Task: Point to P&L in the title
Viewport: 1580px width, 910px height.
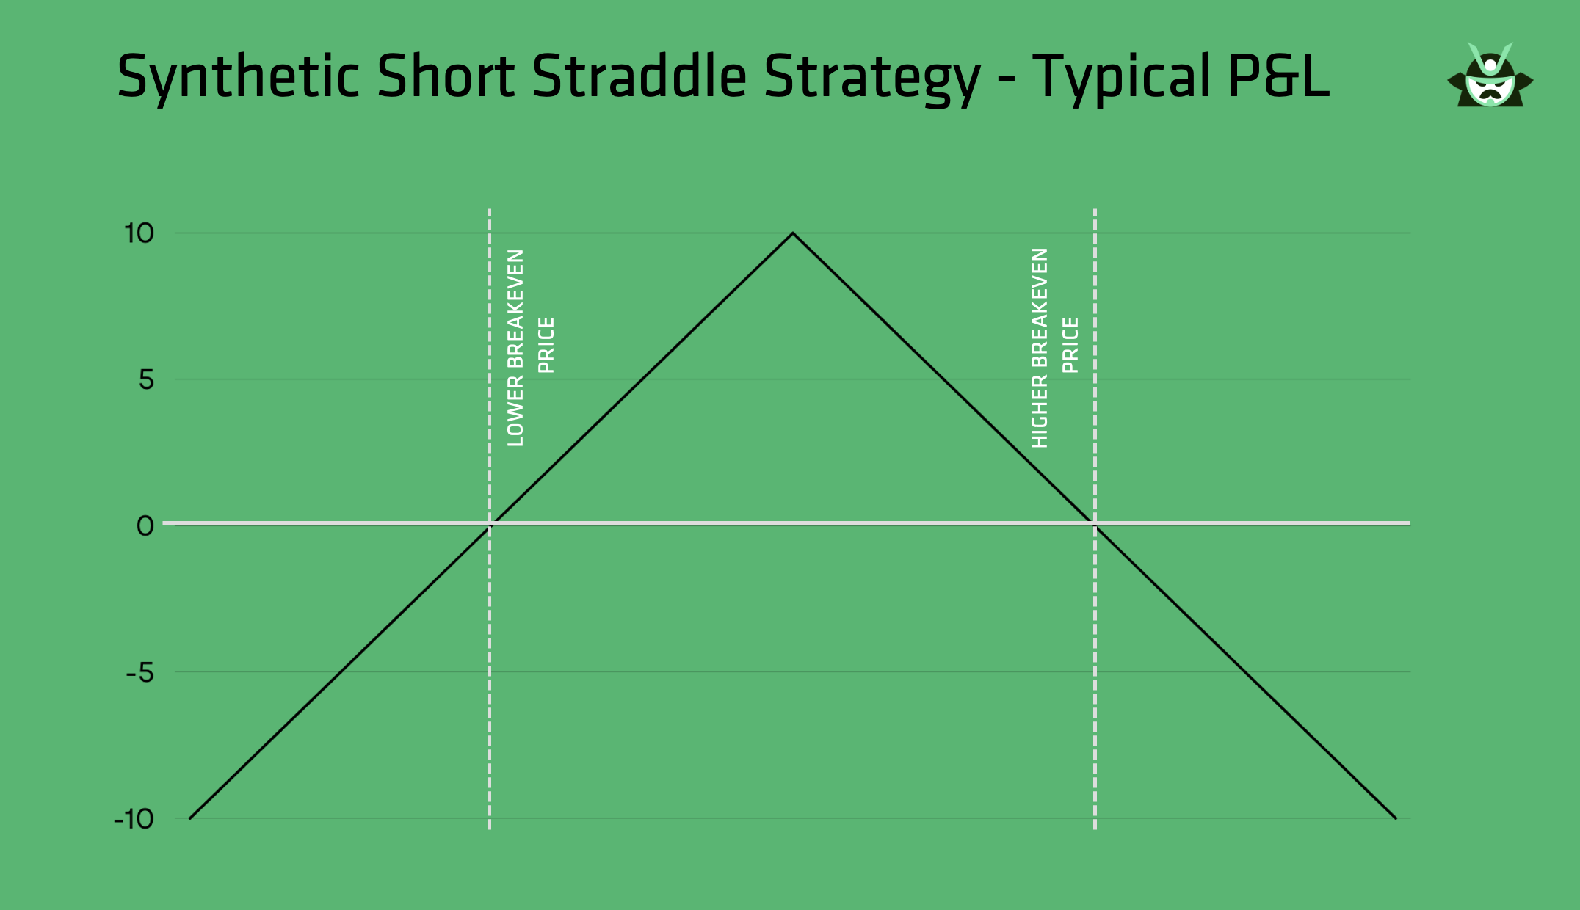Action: (1278, 76)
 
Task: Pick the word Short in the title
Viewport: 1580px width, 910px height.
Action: (446, 76)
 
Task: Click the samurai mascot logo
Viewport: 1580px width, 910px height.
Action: (1490, 75)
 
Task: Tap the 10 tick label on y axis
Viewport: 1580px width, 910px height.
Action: (139, 233)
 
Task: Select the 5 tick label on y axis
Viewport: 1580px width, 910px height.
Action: (147, 379)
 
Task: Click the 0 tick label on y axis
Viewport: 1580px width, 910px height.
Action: (145, 525)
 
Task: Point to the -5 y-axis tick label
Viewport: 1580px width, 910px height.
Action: (140, 671)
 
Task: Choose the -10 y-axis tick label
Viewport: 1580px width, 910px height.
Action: (134, 818)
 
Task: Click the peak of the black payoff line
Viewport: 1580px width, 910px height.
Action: (793, 233)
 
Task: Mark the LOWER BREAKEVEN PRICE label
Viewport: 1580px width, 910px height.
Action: (531, 348)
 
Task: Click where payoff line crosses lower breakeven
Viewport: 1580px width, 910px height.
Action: (490, 524)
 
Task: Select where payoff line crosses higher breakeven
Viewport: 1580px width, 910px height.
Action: (1095, 524)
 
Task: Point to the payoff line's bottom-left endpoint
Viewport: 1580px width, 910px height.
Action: (190, 818)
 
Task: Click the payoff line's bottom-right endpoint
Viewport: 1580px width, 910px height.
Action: (1396, 818)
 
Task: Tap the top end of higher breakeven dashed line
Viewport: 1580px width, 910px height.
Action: (1095, 209)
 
